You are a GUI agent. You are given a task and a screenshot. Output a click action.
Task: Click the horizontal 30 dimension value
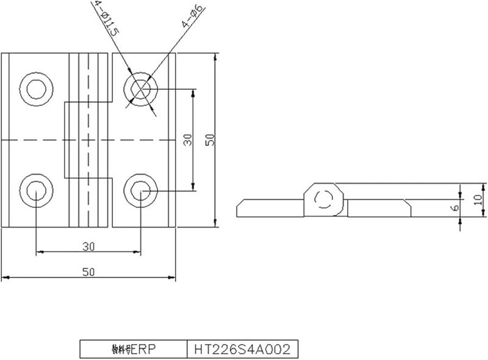88,246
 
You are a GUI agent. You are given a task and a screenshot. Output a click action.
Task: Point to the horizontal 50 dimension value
88,273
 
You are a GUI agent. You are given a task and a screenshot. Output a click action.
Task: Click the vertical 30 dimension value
188,140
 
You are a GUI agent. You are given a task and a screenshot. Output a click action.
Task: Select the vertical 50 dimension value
210,140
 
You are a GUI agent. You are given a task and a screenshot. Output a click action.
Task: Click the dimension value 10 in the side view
478,198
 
